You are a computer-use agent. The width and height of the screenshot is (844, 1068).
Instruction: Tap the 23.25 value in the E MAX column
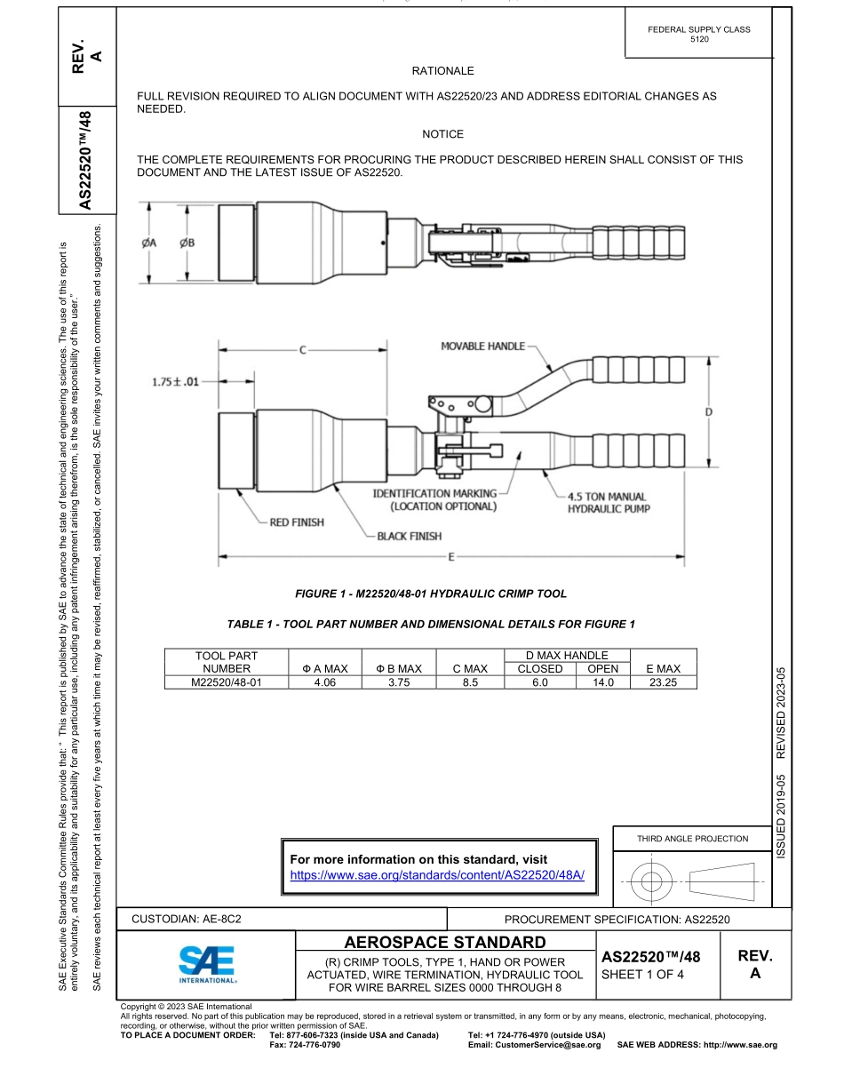[663, 682]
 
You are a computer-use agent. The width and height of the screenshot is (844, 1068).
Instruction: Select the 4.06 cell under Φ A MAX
[318, 682]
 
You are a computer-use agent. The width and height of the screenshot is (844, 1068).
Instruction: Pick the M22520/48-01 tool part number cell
[227, 682]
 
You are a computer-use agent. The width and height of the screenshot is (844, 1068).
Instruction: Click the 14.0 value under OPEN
[603, 682]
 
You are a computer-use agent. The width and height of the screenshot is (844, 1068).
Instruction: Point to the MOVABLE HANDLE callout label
[482, 346]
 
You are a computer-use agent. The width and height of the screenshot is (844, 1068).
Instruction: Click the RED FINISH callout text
[297, 522]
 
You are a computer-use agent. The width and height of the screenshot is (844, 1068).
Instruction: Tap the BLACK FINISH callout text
[409, 536]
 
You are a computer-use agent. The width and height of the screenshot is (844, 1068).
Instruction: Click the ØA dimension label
[149, 243]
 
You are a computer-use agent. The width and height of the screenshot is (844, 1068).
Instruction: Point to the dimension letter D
[708, 412]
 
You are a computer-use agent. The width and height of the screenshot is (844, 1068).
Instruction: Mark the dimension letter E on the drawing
[452, 557]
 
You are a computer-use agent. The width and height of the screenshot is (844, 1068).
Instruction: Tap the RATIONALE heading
[442, 71]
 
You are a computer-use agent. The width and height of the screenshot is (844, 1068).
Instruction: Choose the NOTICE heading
[442, 134]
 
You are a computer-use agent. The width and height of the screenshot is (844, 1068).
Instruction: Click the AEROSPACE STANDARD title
[444, 942]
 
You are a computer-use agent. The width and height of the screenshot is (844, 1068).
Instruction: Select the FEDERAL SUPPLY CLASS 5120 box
[699, 35]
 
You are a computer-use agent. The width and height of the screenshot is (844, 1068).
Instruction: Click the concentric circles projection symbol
[652, 882]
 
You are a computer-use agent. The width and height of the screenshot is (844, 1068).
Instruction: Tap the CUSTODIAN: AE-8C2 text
[187, 920]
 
